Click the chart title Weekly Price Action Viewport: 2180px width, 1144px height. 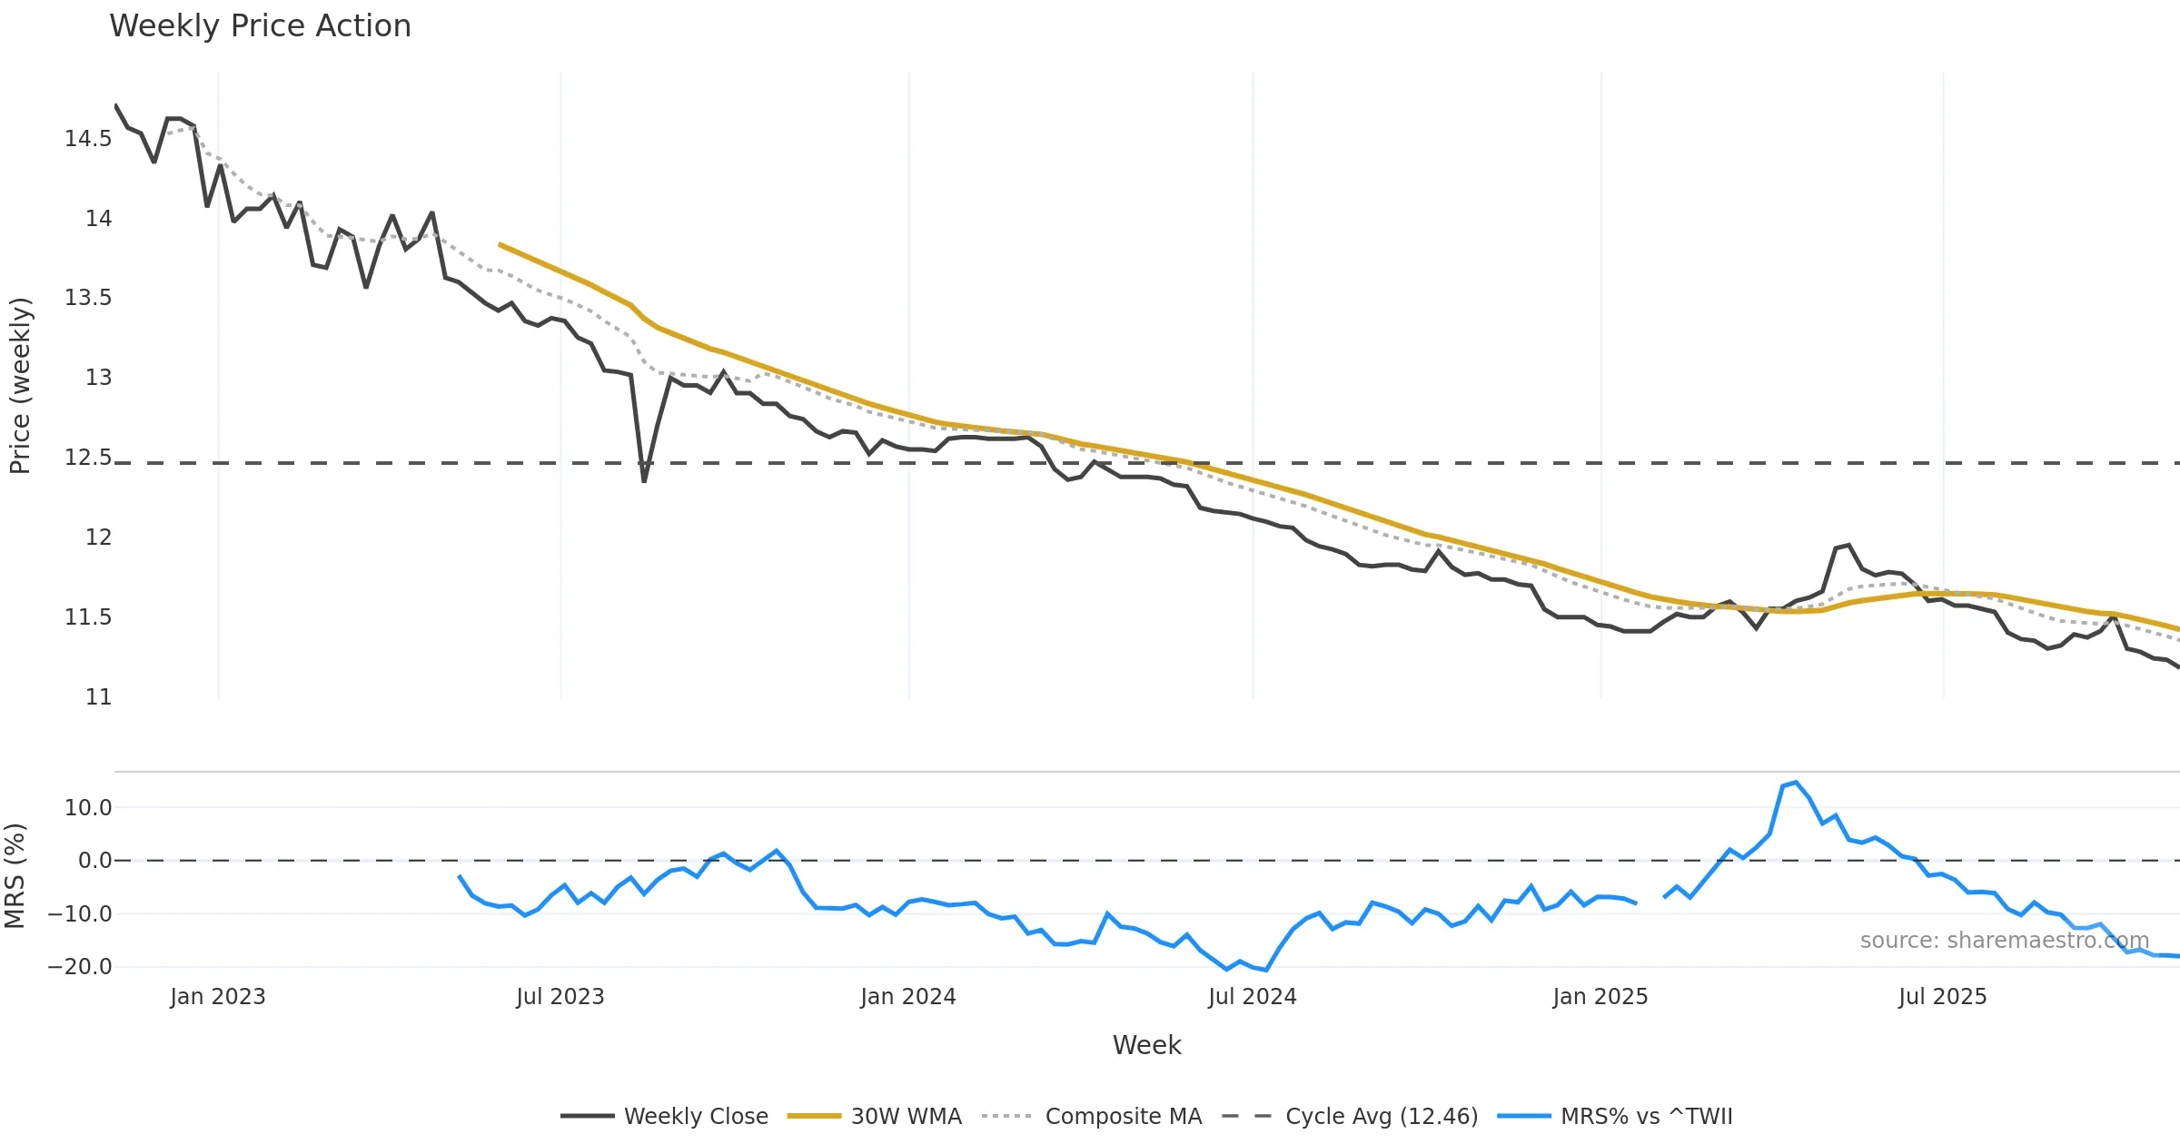260,26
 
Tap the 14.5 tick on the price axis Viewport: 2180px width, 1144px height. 88,139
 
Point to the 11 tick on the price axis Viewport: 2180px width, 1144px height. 98,697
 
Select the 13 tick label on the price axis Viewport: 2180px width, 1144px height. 98,378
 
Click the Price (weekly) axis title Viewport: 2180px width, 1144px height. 20,386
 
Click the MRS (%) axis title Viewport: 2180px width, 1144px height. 15,876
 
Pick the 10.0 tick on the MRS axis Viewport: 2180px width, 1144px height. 88,808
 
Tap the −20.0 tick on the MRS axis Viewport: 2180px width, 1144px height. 80,967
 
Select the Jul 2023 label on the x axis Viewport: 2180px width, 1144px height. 560,997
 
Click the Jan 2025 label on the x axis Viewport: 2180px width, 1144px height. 1600,997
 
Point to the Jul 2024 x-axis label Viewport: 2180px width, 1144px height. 1252,997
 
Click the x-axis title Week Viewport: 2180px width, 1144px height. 1146,1046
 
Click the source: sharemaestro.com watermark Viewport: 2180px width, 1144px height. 2004,941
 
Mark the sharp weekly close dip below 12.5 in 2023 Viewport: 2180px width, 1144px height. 644,480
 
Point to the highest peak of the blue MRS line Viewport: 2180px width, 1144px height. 1796,783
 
